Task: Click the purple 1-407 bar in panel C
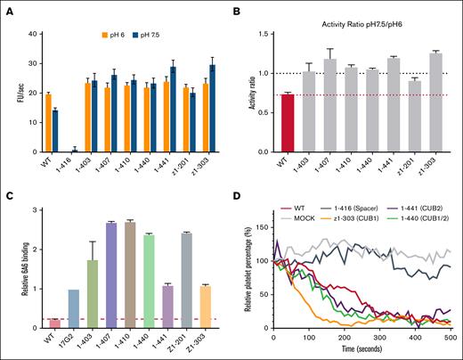(111, 275)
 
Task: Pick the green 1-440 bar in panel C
(150, 281)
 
